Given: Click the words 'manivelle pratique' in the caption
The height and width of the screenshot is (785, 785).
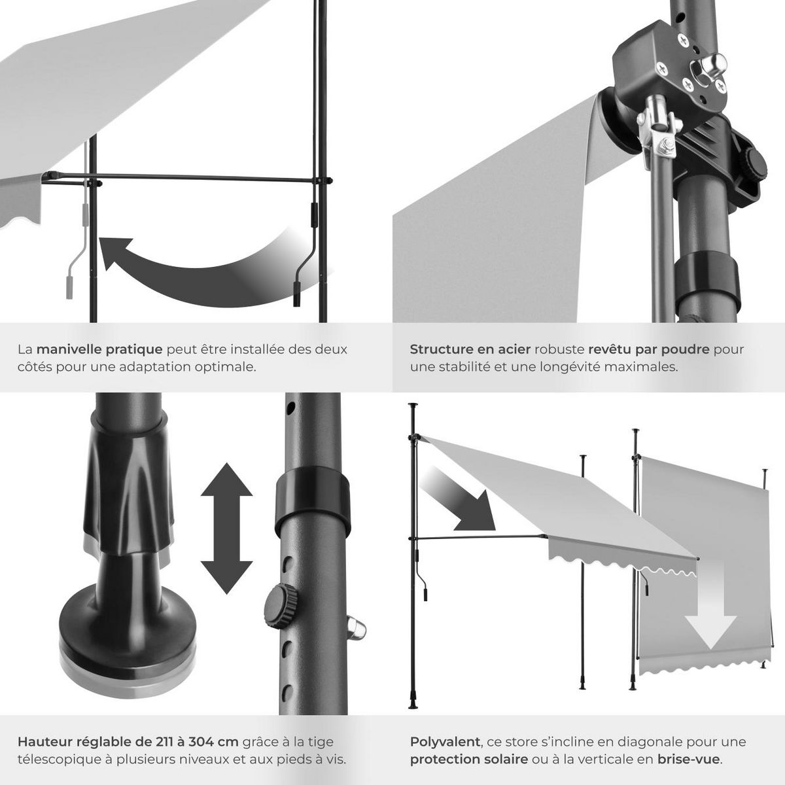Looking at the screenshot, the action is pyautogui.click(x=99, y=349).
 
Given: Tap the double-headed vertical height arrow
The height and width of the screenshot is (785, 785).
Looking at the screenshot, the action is pyautogui.click(x=226, y=529).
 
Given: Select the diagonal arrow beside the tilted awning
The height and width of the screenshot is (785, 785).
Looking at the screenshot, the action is pyautogui.click(x=458, y=500).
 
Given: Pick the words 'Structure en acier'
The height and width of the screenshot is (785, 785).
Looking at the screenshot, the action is pyautogui.click(x=470, y=349).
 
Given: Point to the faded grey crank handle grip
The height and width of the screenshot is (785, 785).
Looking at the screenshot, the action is pyautogui.click(x=69, y=288).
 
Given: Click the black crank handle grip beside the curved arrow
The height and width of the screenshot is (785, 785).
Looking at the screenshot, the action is pyautogui.click(x=297, y=294).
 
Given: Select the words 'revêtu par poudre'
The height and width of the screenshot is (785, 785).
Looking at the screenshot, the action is pyautogui.click(x=649, y=349).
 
